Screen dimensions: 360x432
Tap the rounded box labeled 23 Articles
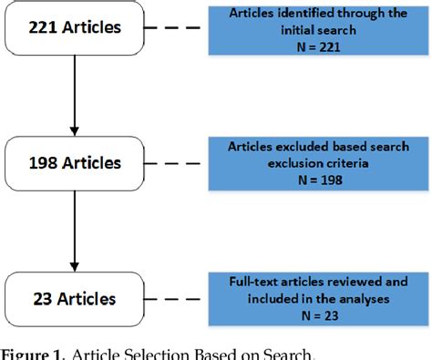pyautogui.click(x=74, y=298)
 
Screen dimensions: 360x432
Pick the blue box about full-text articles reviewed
pyautogui.click(x=309, y=298)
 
